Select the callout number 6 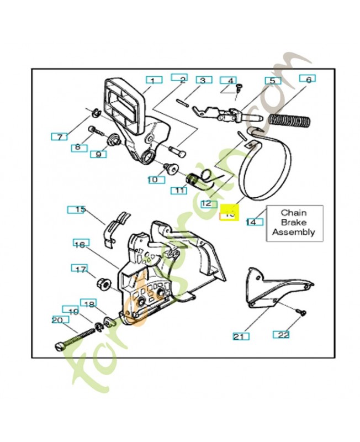[308, 79]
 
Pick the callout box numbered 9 [98, 154]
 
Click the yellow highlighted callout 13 [229, 212]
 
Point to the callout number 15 [81, 209]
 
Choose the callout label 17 [81, 269]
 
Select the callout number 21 [238, 336]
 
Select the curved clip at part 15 [118, 224]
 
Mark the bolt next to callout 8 [94, 131]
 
